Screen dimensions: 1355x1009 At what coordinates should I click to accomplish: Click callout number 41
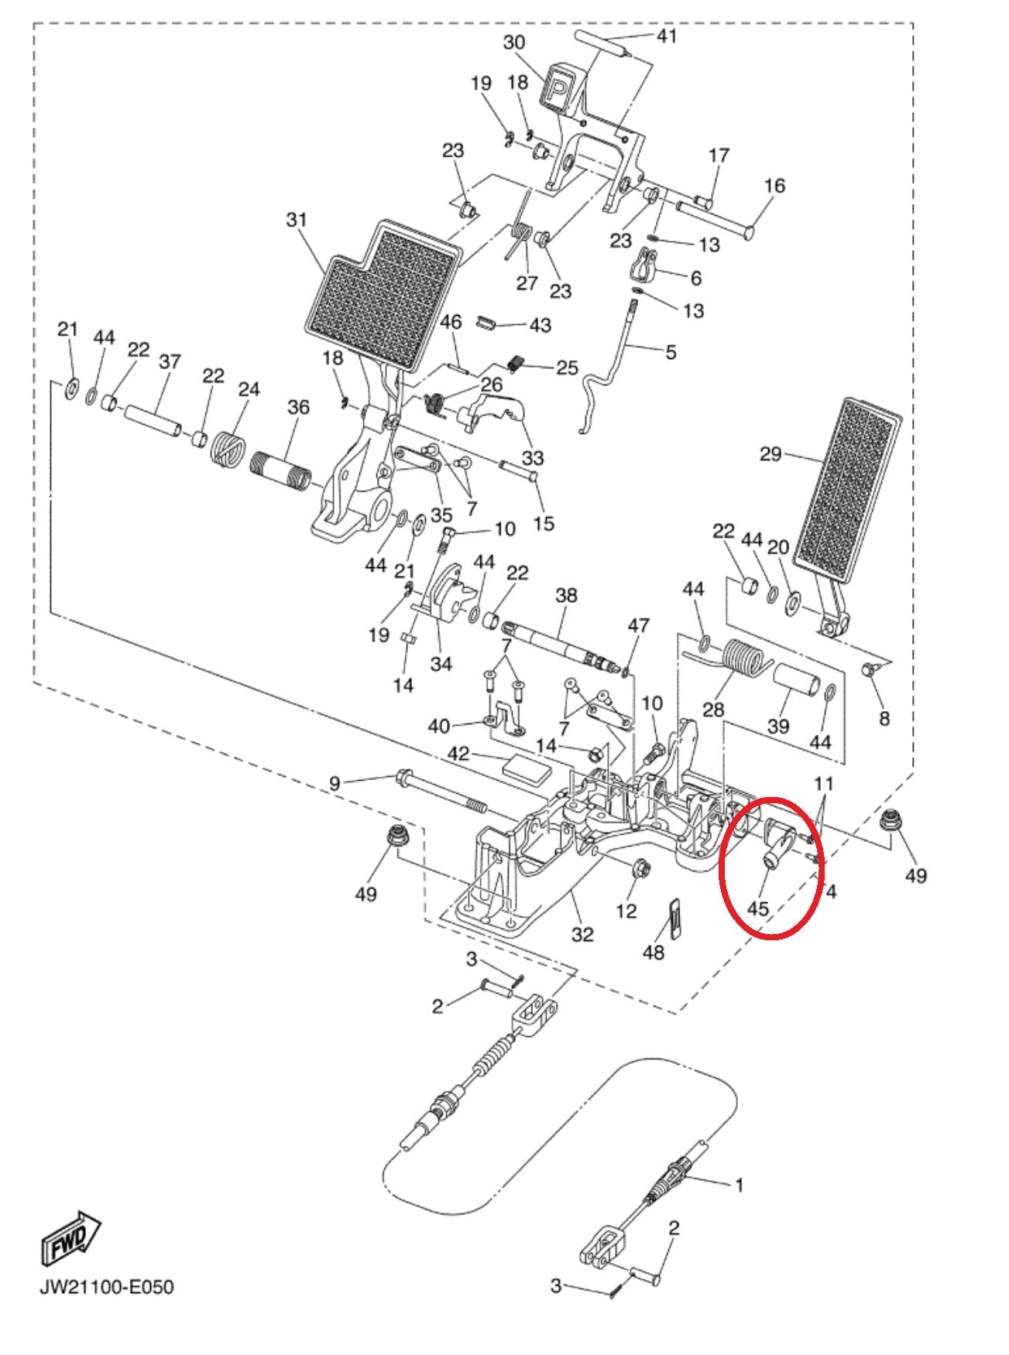pyautogui.click(x=666, y=36)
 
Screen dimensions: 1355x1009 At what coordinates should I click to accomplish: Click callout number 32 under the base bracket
pyautogui.click(x=582, y=934)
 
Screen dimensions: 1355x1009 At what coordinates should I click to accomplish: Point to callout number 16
pyautogui.click(x=774, y=186)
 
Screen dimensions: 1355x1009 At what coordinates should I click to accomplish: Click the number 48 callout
pyautogui.click(x=654, y=951)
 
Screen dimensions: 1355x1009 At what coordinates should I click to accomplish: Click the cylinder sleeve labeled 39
pyautogui.click(x=798, y=686)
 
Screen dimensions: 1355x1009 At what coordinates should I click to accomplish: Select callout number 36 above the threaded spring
pyautogui.click(x=298, y=408)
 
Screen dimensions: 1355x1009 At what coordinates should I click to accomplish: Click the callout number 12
pyautogui.click(x=626, y=911)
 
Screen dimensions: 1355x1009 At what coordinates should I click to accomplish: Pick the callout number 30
pyautogui.click(x=514, y=43)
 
